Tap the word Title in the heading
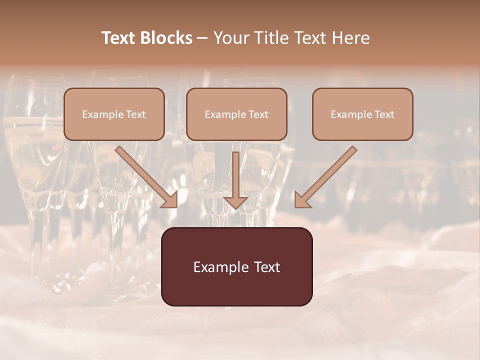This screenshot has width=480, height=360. click(268, 38)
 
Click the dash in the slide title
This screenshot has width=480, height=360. click(202, 38)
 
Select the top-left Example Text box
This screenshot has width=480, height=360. click(114, 114)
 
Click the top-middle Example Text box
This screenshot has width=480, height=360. click(236, 114)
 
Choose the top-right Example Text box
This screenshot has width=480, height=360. click(362, 114)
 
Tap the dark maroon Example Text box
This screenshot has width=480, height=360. click(236, 266)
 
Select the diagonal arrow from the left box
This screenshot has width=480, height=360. click(145, 175)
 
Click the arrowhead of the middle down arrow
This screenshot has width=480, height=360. click(235, 201)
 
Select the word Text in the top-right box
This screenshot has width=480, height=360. click(384, 114)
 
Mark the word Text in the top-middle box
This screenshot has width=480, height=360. click(258, 114)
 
